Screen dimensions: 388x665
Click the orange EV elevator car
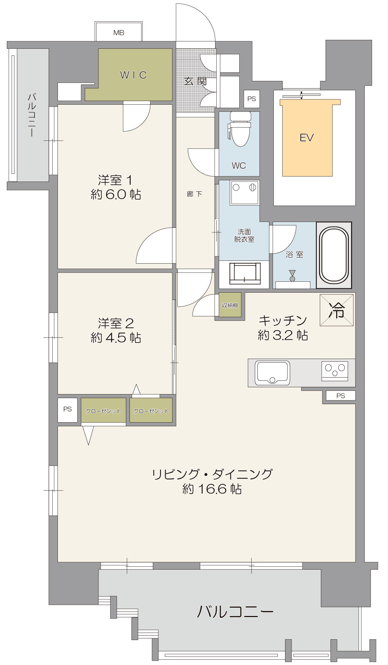(307, 138)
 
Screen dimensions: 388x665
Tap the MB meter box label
(119, 33)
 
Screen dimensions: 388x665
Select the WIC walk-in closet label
(133, 75)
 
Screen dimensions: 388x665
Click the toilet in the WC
(239, 129)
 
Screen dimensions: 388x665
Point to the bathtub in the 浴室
(334, 255)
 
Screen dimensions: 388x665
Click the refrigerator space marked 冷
(337, 310)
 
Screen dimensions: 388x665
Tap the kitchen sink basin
(272, 373)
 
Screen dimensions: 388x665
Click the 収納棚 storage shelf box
(230, 305)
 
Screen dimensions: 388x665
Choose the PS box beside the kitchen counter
(341, 396)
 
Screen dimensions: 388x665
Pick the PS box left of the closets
(68, 410)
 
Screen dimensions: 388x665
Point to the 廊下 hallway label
(195, 194)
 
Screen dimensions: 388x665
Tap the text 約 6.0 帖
(116, 195)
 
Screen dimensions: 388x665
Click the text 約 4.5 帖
(116, 338)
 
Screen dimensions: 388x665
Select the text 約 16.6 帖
(212, 489)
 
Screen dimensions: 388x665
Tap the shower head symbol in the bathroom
(292, 276)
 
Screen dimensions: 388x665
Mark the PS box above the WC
(252, 99)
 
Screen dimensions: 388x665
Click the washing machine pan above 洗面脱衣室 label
(244, 192)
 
